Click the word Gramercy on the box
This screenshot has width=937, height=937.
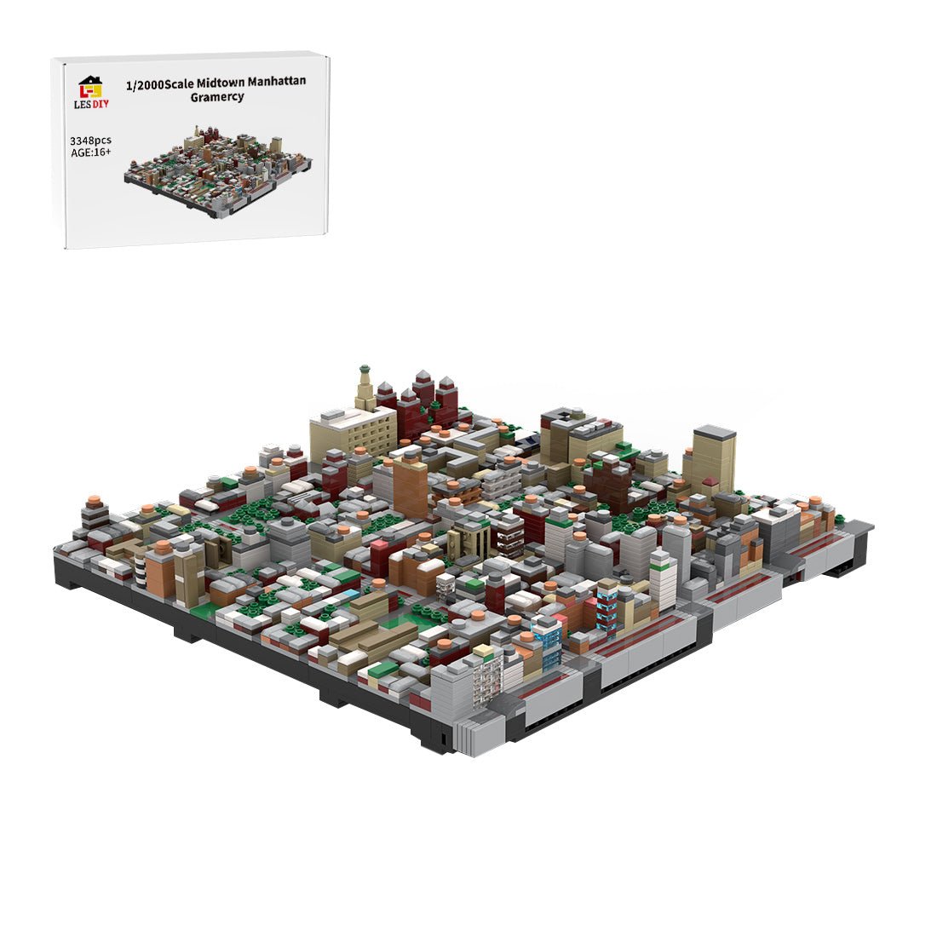pos(217,97)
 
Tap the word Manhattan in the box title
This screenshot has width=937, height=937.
pos(274,81)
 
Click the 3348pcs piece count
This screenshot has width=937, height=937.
pos(90,140)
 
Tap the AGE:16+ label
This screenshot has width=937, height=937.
pos(91,152)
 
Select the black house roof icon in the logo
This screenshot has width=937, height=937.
pos(89,82)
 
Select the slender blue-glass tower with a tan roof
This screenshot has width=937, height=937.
pos(606,606)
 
